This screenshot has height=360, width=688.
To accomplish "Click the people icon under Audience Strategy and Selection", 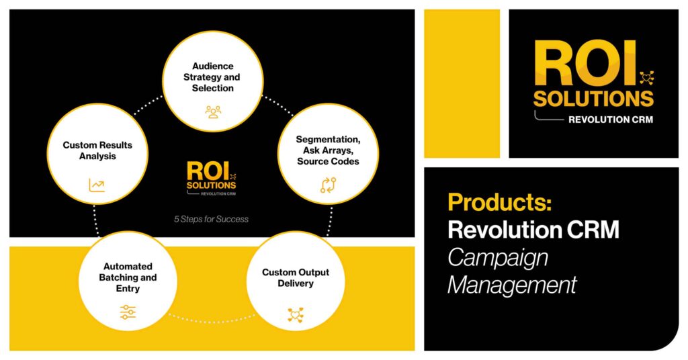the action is point(213,111).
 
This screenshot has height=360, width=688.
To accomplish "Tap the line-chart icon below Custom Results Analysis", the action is point(97,185).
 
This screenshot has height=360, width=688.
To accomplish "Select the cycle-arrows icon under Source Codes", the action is point(328,185).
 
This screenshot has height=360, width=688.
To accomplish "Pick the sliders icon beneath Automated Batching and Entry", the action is point(128,312).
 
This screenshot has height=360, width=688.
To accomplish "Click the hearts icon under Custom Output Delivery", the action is point(296,315).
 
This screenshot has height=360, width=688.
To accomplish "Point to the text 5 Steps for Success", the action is point(211,219).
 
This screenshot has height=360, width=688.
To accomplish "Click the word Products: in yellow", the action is point(499,202).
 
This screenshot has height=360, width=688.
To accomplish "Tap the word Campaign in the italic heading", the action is point(498,259).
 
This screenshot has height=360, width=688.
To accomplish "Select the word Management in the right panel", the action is point(511,285).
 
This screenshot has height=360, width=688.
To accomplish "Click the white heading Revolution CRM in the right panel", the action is point(533,230).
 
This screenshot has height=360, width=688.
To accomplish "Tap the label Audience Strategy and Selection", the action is point(212,77).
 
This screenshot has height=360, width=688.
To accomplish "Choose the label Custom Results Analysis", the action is point(97,150).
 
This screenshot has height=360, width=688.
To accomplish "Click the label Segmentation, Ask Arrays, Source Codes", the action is point(328,150).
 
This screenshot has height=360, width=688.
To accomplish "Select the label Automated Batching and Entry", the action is point(128,277).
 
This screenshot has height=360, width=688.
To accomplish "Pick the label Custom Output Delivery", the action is point(296,277).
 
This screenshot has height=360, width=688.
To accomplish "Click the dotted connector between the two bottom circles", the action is point(212,320).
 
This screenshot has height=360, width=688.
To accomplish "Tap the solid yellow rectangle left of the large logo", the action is point(462,83).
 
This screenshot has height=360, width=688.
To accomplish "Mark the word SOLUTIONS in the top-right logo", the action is point(593,99).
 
